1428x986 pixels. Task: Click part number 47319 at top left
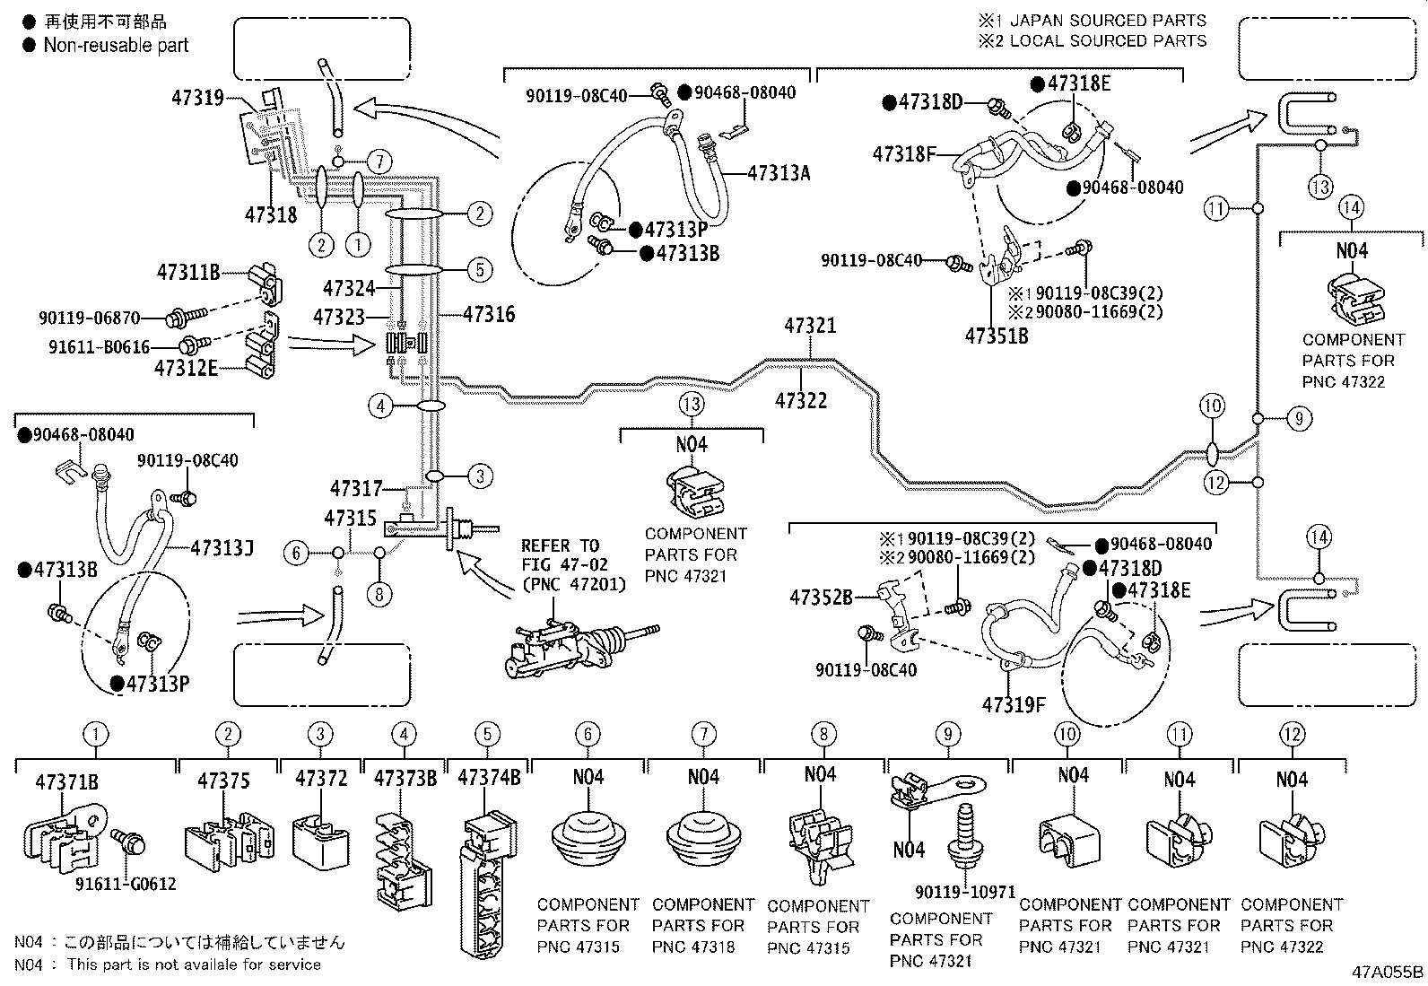click(197, 97)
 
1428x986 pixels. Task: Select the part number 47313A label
click(779, 173)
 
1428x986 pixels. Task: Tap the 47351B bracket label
click(996, 336)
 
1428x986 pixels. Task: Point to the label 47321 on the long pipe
click(810, 326)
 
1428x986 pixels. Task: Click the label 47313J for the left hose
click(222, 547)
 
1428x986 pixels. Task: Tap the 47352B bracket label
click(821, 596)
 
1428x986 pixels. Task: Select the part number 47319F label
click(1014, 704)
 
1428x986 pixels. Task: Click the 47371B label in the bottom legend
click(66, 781)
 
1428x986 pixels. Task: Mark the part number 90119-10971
click(965, 893)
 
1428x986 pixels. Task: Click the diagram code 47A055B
click(1389, 972)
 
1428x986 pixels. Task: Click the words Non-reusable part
click(116, 45)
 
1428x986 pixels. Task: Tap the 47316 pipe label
click(489, 314)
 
